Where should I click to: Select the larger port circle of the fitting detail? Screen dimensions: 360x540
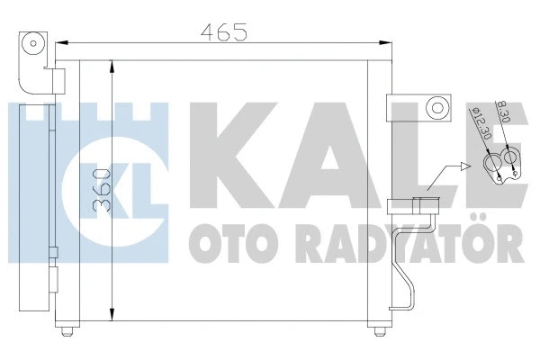pos(493,163)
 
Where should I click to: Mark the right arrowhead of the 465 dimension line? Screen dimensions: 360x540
pos(389,41)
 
